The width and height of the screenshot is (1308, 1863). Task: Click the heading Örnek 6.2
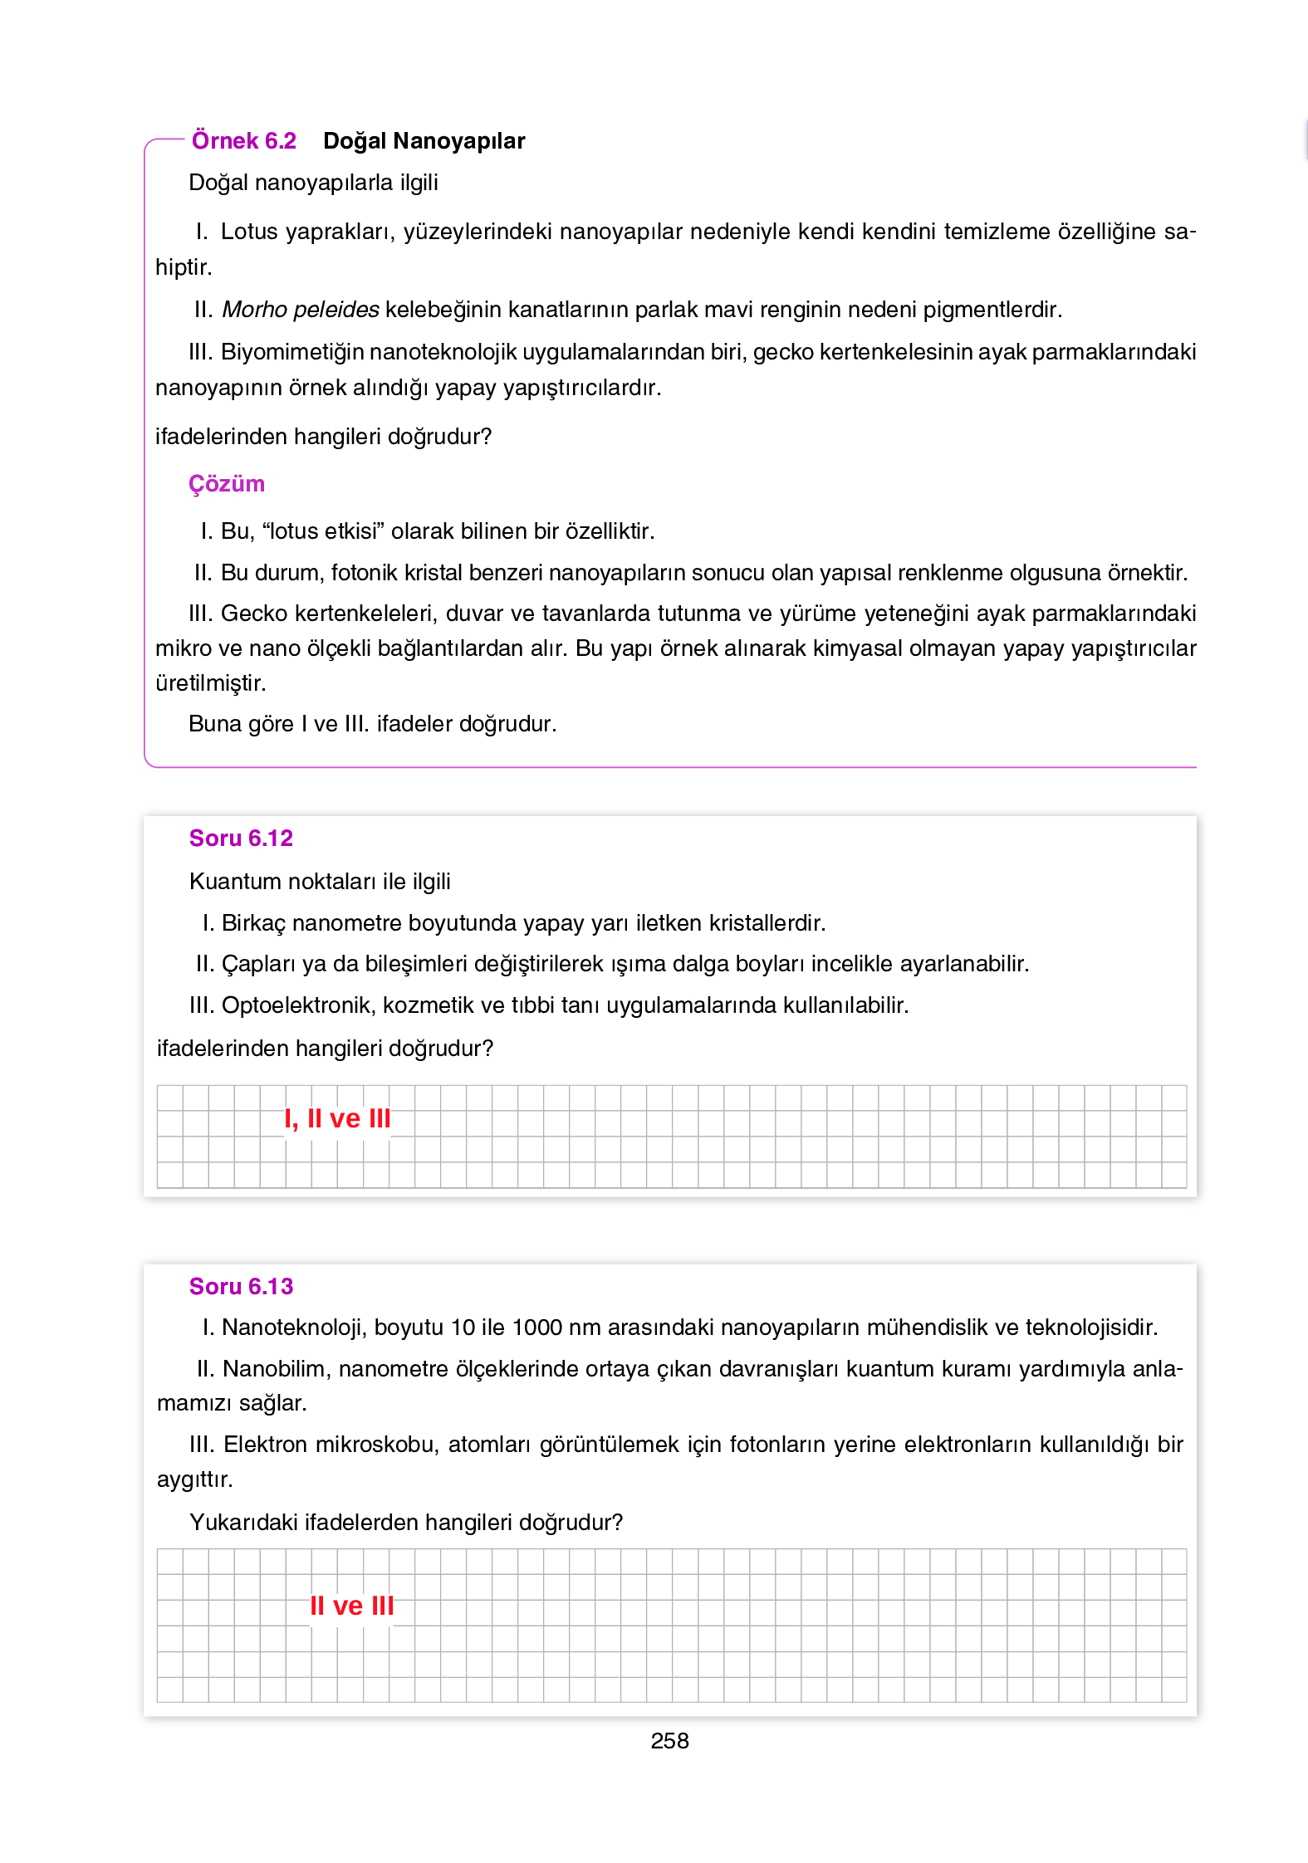click(x=243, y=140)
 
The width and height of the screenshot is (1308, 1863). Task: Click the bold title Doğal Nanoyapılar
click(x=424, y=140)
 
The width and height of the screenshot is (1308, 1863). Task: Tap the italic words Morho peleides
click(x=301, y=310)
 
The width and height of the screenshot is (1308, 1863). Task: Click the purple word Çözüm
click(x=226, y=483)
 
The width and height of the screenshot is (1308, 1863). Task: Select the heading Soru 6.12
click(x=241, y=839)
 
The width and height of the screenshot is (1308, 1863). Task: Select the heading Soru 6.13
click(x=241, y=1287)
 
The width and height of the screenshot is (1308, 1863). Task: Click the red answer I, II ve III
click(x=337, y=1119)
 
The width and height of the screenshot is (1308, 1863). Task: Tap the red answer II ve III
click(x=351, y=1606)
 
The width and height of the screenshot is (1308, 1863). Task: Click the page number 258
click(x=669, y=1741)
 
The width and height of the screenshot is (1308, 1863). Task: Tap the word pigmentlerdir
click(x=992, y=310)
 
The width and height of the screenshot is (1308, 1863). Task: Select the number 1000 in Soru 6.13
click(x=537, y=1328)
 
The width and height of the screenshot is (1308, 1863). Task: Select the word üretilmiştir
click(x=210, y=683)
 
